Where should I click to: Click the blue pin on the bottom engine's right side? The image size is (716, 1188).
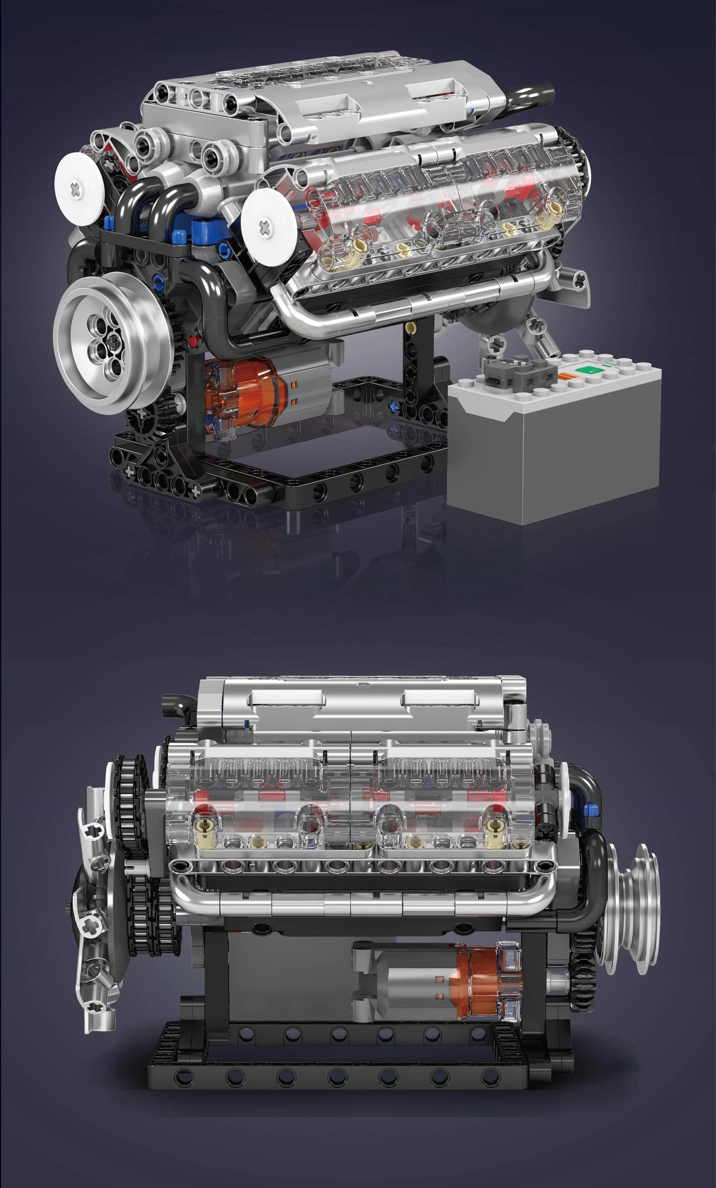tap(589, 810)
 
